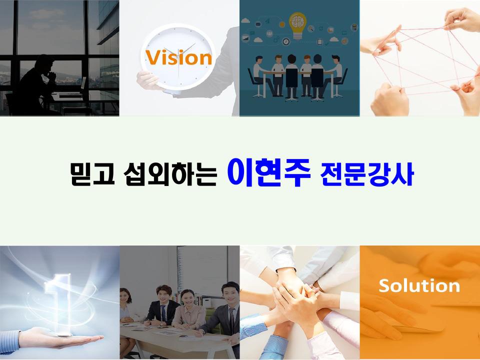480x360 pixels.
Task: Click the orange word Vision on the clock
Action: point(178,57)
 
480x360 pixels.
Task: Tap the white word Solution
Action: point(419,285)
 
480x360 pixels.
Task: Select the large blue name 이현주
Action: point(269,172)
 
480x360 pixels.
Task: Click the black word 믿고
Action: point(92,174)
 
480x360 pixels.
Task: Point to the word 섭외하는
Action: point(170,174)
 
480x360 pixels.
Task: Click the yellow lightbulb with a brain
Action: point(297,25)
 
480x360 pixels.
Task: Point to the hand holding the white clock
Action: point(149,80)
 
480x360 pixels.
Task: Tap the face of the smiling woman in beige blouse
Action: point(187,299)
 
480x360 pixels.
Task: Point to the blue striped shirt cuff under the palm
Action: point(10,341)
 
